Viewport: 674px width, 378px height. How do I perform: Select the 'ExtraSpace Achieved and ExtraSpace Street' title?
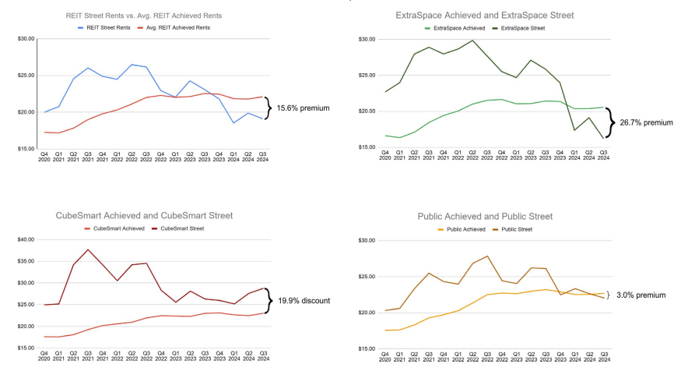click(483, 16)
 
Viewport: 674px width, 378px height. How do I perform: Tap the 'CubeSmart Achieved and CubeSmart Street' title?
click(144, 215)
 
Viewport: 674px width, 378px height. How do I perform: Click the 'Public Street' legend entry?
click(515, 228)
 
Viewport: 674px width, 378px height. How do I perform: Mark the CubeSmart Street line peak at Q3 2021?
click(87, 249)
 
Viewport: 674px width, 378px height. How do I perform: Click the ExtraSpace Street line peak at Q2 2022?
click(472, 41)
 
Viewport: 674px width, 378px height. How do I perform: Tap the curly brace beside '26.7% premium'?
click(610, 122)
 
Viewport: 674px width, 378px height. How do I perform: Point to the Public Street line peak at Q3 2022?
click(487, 256)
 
